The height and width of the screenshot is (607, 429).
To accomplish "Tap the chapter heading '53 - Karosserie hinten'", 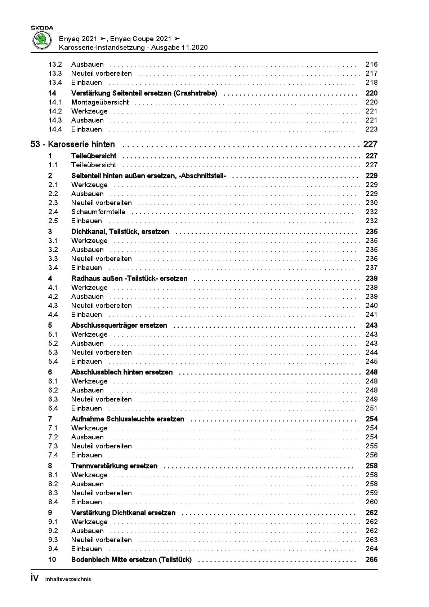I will pyautogui.click(x=73, y=145).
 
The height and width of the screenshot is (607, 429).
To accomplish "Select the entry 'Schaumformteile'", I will pyautogui.click(x=98, y=212).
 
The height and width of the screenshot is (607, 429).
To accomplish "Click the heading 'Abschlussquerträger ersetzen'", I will pyautogui.click(x=119, y=325).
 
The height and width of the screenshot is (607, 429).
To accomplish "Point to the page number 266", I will pyautogui.click(x=371, y=560).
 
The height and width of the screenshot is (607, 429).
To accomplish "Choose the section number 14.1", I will pyautogui.click(x=55, y=102).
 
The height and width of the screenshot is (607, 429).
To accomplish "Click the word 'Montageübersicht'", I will pyautogui.click(x=100, y=102).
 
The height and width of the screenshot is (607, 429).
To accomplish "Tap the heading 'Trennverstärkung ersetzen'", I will pyautogui.click(x=114, y=466).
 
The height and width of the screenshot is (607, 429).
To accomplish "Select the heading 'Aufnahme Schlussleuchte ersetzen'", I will pyautogui.click(x=128, y=419).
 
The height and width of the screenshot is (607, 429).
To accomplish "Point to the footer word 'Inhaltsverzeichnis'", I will pyautogui.click(x=68, y=580).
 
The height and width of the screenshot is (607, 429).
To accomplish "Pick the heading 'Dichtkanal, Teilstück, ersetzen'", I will pyautogui.click(x=120, y=232).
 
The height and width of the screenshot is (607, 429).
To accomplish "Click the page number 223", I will pyautogui.click(x=371, y=129).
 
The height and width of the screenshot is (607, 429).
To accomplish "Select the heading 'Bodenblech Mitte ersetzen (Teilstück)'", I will pyautogui.click(x=131, y=560).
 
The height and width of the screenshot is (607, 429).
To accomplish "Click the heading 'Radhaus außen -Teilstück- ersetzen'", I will pyautogui.click(x=129, y=279).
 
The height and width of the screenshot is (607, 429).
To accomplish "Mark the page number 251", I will pyautogui.click(x=371, y=408).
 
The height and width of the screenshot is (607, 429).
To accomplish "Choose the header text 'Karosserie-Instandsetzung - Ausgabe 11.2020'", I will pyautogui.click(x=133, y=48).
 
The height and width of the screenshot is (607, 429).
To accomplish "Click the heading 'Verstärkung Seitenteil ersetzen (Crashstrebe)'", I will pyautogui.click(x=144, y=93).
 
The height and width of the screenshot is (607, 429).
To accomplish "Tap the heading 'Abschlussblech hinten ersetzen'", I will pyautogui.click(x=122, y=372).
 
